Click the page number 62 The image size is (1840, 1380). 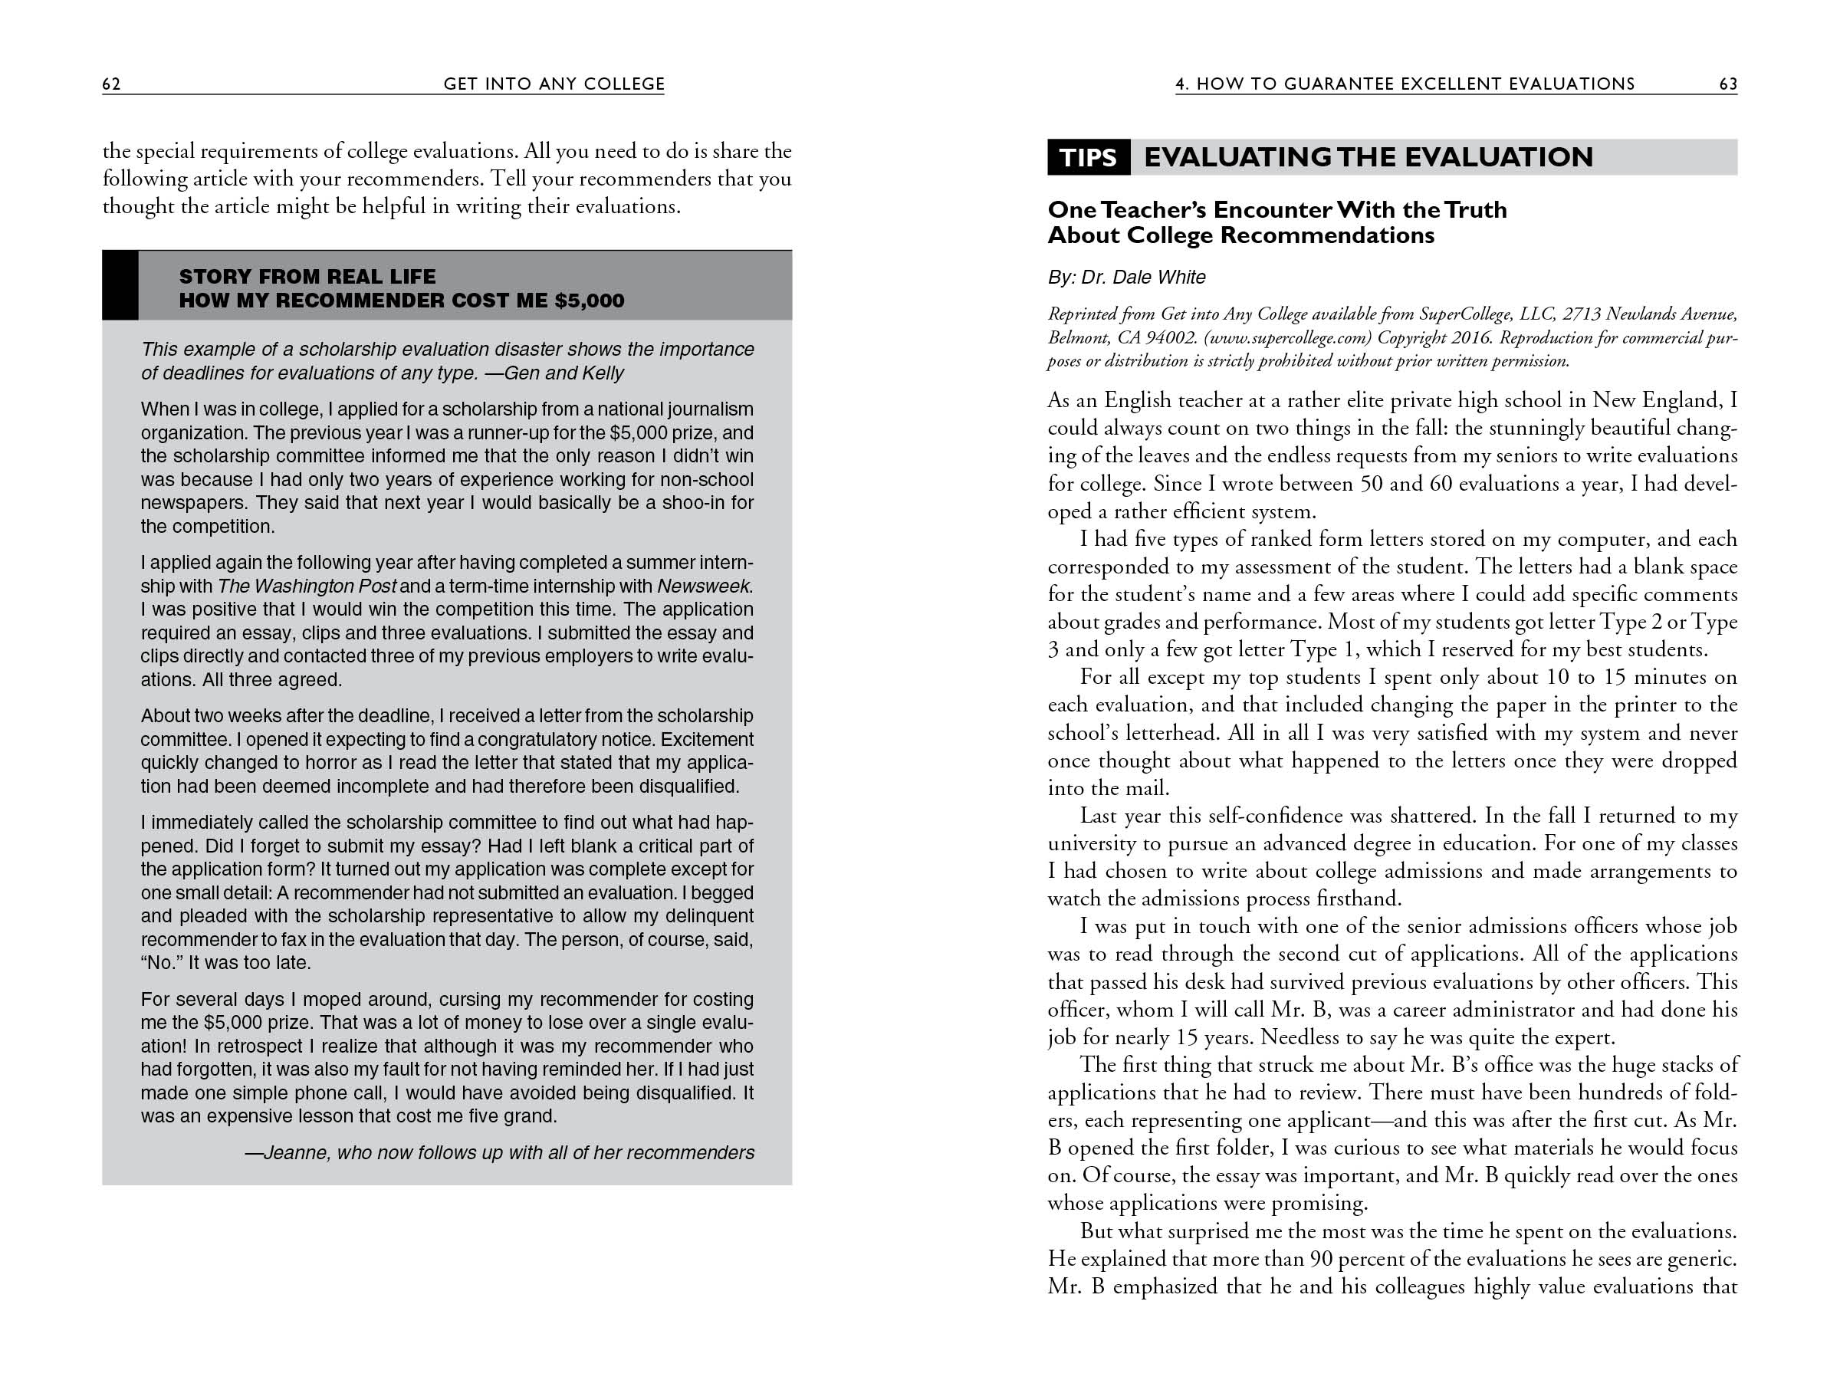[x=111, y=84]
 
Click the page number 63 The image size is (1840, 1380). [x=1728, y=84]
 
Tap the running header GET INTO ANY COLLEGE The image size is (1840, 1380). [x=554, y=84]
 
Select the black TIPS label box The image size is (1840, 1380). [x=1088, y=157]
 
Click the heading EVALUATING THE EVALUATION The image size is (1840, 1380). [x=1368, y=157]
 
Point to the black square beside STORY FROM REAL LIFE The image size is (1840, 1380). [x=120, y=285]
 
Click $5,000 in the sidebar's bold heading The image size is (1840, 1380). [x=589, y=301]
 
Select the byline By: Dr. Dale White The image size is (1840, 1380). [x=1126, y=277]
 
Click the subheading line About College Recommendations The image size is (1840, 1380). [x=1240, y=235]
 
